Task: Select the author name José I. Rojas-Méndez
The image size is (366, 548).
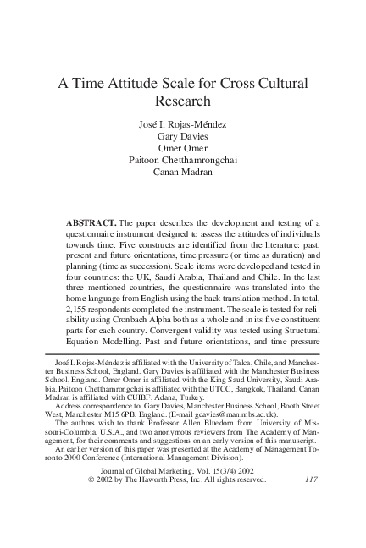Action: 184,125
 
